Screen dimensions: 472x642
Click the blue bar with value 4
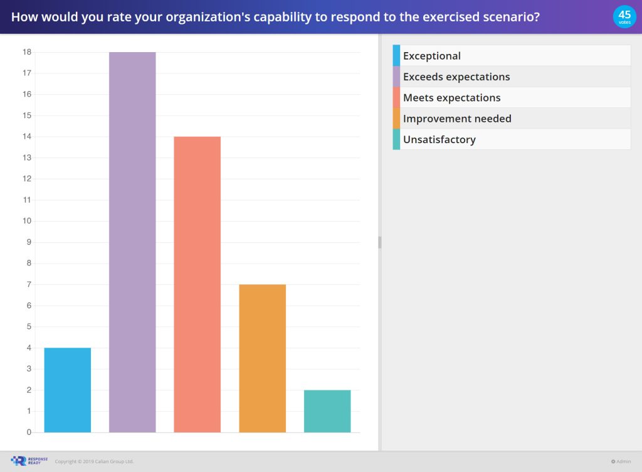(68, 390)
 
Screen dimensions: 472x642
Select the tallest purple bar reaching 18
(132, 242)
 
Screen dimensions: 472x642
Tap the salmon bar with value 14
(197, 284)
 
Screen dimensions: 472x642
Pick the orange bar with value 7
(262, 358)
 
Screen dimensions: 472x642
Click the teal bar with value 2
(327, 411)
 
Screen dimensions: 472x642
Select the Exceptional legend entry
(431, 56)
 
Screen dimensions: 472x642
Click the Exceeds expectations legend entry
(456, 77)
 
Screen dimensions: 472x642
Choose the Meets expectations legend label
(451, 98)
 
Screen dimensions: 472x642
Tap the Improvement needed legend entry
(456, 119)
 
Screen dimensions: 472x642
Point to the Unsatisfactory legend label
(439, 139)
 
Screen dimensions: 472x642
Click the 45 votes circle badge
(624, 16)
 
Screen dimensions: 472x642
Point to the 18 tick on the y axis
(27, 52)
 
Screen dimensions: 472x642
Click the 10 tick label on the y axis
(27, 221)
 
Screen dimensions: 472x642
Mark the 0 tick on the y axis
(29, 432)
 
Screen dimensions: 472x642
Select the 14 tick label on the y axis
(27, 137)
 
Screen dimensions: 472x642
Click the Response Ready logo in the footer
(29, 461)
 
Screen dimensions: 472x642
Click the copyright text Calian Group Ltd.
(94, 461)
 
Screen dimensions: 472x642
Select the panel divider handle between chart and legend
(379, 242)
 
